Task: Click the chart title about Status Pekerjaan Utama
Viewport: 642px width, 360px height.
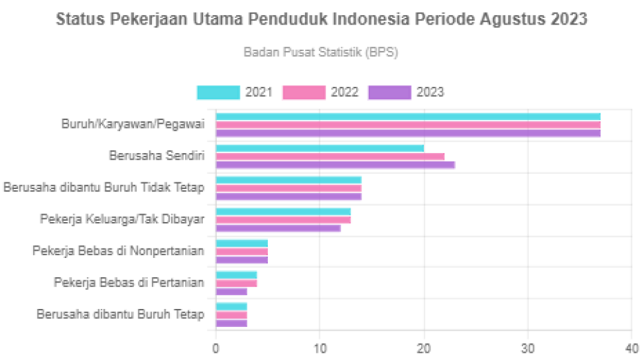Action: (x=321, y=19)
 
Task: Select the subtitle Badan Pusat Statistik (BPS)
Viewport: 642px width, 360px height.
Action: (x=320, y=52)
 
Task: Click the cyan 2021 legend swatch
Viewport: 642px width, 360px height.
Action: (x=218, y=93)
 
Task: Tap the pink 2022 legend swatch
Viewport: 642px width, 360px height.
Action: (x=304, y=93)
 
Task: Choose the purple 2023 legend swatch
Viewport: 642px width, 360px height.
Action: (x=389, y=93)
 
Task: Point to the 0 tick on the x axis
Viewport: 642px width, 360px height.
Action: (x=216, y=348)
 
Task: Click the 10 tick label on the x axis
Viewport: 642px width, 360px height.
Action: (x=320, y=348)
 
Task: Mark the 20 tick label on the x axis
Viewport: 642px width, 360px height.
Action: (x=424, y=348)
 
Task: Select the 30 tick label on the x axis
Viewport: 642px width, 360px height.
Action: (x=528, y=348)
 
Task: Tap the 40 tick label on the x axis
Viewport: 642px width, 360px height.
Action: (x=631, y=348)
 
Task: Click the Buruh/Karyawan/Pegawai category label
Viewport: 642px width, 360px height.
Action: (x=133, y=124)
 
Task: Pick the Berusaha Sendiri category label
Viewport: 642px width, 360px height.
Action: (x=157, y=156)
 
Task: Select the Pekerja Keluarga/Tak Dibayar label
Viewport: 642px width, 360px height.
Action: (x=123, y=219)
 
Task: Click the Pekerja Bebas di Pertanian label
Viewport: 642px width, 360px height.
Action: (x=129, y=282)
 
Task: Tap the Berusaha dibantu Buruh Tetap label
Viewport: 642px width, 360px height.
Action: (x=121, y=314)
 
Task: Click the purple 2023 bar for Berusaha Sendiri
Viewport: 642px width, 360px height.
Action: (x=335, y=165)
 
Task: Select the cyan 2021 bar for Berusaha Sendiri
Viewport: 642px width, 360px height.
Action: (x=320, y=147)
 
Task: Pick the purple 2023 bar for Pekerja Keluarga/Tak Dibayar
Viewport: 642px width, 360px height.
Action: (x=279, y=229)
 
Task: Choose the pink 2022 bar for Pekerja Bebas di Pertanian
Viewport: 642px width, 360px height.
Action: (x=237, y=282)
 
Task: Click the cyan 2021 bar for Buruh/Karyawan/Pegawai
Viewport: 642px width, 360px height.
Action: (x=408, y=116)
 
